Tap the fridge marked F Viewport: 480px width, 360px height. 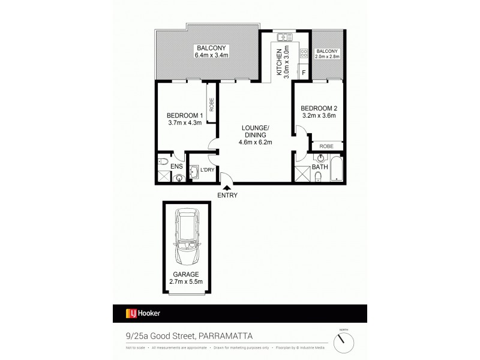(x=304, y=73)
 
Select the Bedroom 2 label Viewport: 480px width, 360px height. (x=319, y=108)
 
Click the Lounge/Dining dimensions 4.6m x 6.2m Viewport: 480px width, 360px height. (x=256, y=142)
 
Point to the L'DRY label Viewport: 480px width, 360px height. (x=207, y=170)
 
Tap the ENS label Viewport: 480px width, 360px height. (x=176, y=166)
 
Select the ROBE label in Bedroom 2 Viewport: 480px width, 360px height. (x=326, y=146)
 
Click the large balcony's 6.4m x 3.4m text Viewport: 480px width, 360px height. (x=212, y=56)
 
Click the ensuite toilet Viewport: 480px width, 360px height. (x=164, y=160)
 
